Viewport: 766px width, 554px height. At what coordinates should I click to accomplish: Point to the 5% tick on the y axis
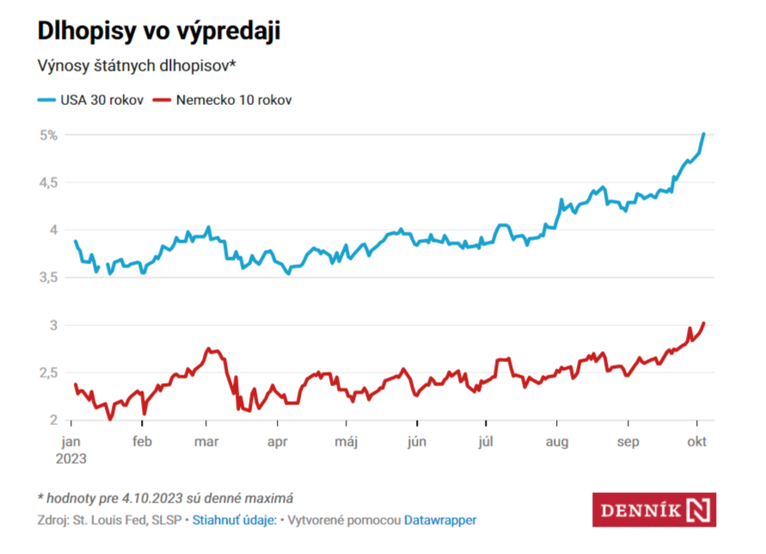click(x=48, y=135)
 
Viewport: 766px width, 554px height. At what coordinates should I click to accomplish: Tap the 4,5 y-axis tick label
click(x=48, y=182)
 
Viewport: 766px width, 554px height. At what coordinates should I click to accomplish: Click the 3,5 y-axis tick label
click(x=48, y=277)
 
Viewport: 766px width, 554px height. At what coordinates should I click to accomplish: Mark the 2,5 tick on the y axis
click(x=48, y=372)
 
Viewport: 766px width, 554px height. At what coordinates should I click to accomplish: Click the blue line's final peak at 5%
click(x=704, y=134)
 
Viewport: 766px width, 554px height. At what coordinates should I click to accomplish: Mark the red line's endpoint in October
click(x=704, y=323)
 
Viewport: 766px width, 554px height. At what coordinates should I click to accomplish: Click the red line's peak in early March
click(x=209, y=349)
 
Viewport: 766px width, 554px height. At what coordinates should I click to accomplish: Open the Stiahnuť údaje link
click(x=234, y=520)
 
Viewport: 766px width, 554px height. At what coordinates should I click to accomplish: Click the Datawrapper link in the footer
click(x=440, y=520)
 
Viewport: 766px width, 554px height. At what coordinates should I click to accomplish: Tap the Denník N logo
click(x=654, y=509)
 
